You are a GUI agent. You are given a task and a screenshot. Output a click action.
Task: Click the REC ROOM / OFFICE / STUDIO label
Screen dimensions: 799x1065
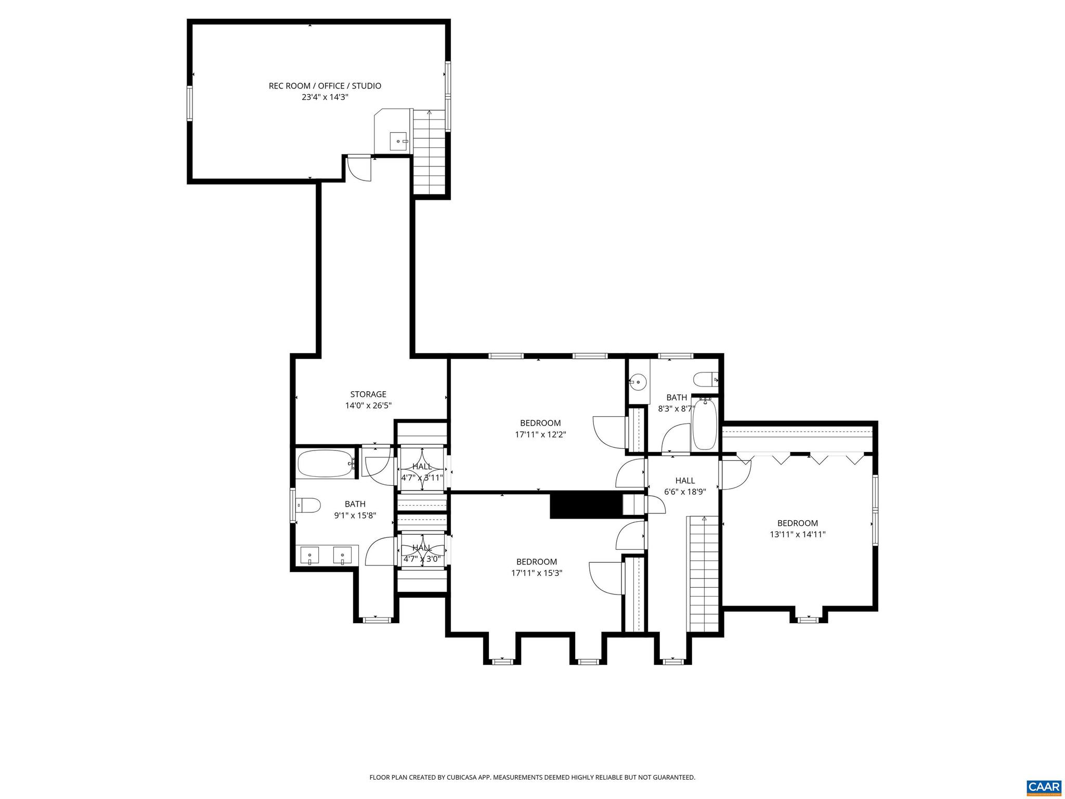(x=324, y=86)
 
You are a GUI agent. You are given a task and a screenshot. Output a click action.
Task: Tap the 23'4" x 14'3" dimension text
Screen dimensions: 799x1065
(x=324, y=97)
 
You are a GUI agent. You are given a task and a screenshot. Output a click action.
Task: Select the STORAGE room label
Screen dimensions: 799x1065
(x=368, y=394)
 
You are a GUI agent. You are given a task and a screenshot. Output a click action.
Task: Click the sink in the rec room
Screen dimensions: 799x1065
(x=399, y=141)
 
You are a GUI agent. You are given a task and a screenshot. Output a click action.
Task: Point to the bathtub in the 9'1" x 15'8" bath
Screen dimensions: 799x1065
(x=326, y=463)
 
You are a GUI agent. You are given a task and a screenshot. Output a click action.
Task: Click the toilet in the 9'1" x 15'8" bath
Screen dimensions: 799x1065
(x=307, y=505)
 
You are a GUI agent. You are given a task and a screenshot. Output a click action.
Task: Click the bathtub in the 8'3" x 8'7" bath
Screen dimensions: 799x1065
(x=705, y=424)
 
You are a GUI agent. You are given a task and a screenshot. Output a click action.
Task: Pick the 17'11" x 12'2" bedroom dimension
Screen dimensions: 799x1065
(x=540, y=434)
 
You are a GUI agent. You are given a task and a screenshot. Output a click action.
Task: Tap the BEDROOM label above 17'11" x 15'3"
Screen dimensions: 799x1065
(x=537, y=562)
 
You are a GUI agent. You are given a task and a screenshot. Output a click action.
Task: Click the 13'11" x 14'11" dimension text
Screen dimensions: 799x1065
(x=797, y=534)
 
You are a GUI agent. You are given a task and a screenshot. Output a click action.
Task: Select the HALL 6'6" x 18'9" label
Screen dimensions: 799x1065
(x=685, y=481)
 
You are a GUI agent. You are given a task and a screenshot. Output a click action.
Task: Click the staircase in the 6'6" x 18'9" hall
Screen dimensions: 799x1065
(x=704, y=572)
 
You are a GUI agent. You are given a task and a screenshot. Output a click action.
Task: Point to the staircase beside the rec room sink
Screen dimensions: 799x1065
(x=430, y=151)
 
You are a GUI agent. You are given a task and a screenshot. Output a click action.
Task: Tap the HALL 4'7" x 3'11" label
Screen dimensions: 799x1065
(x=422, y=467)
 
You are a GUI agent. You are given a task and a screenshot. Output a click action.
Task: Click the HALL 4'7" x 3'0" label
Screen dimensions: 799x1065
(x=422, y=548)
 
